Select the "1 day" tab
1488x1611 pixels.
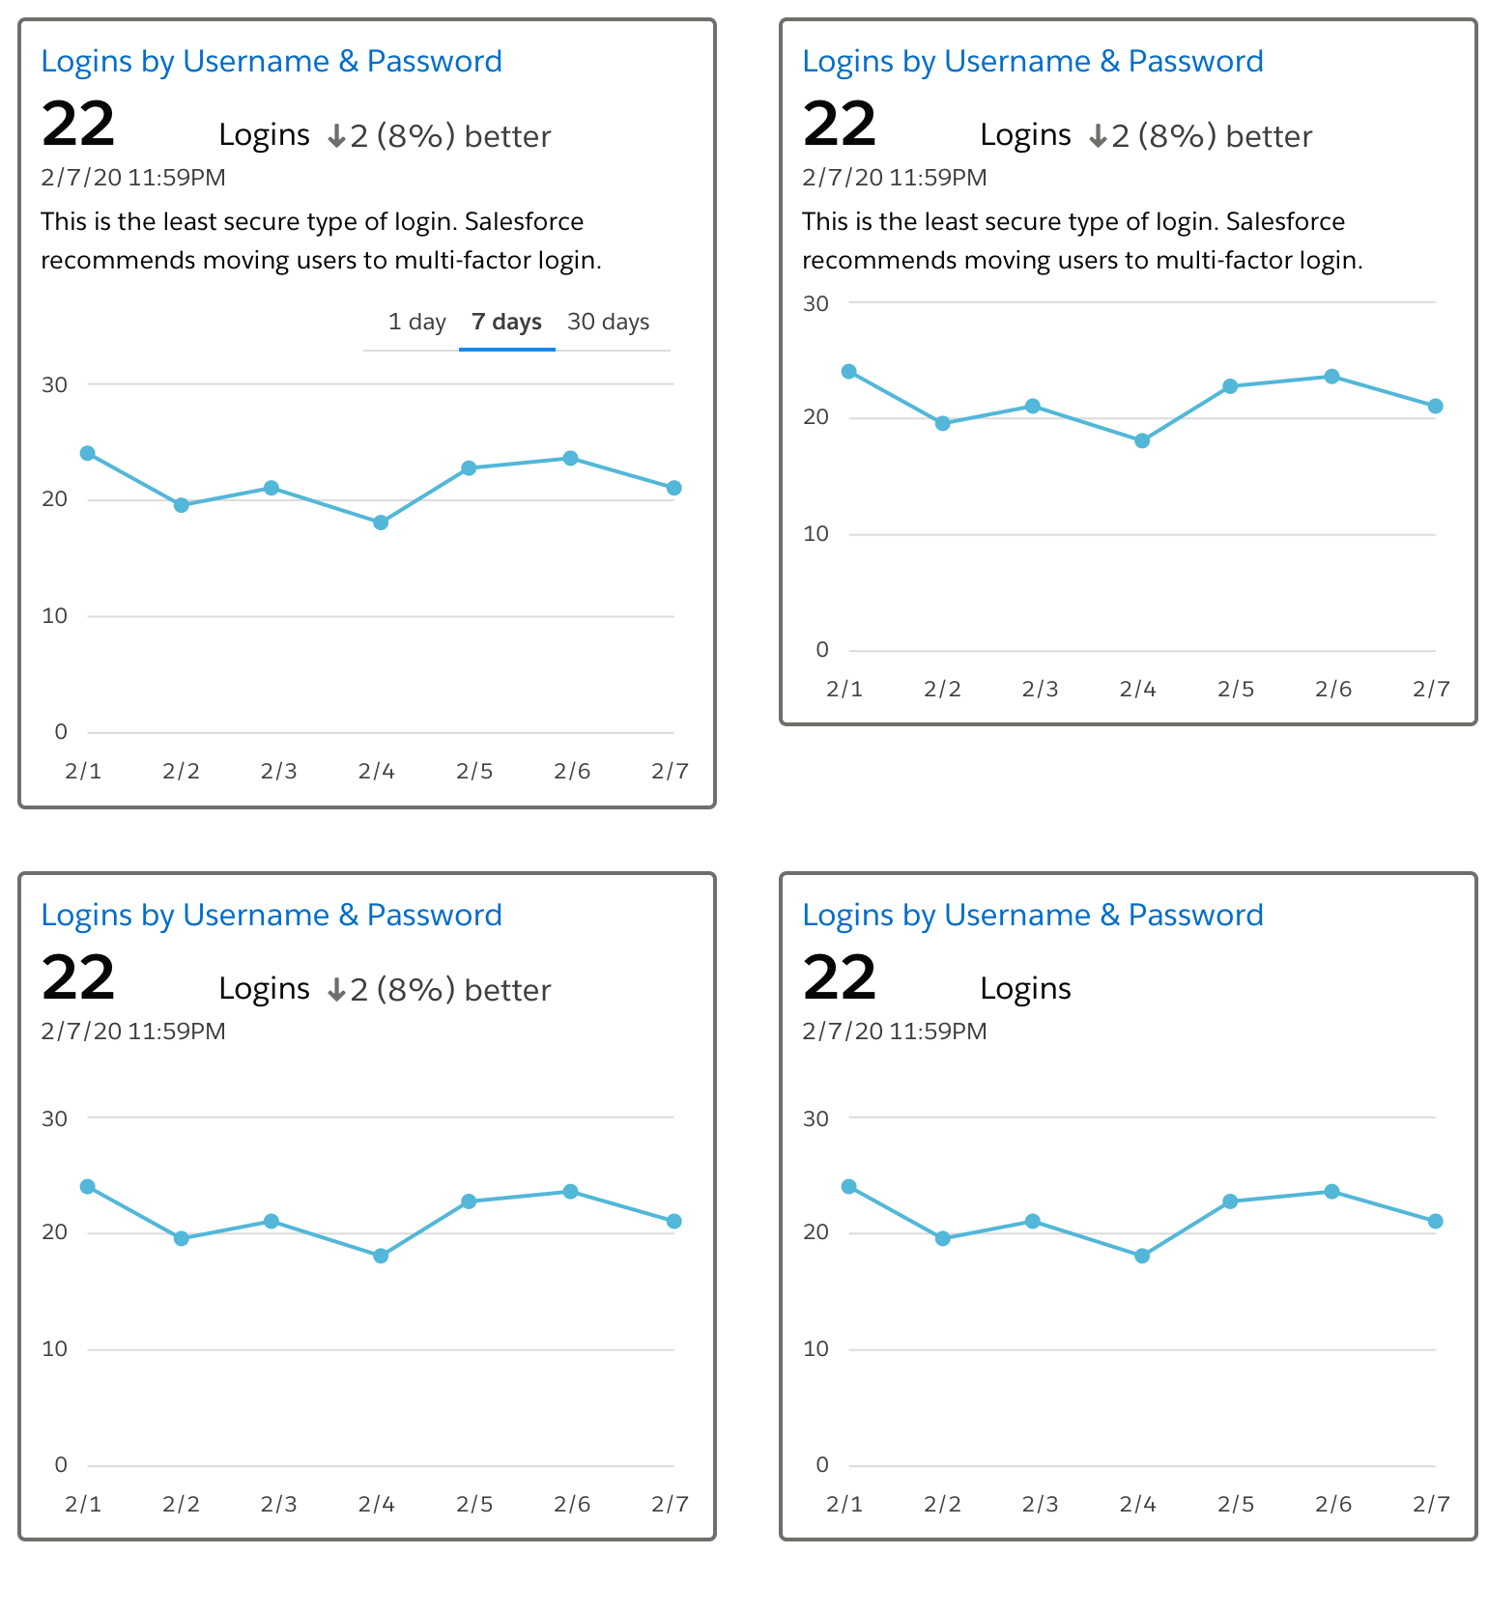[x=416, y=322]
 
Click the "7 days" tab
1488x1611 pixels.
[x=506, y=322]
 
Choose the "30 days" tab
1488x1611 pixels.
[x=608, y=322]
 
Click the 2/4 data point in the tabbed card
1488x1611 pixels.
[x=381, y=523]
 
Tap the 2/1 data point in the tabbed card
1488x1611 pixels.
[x=88, y=453]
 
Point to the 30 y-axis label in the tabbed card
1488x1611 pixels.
[x=55, y=384]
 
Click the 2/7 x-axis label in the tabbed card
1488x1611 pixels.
[x=670, y=771]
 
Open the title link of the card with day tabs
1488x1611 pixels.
[x=272, y=62]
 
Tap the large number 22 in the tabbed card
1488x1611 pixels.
[x=78, y=125]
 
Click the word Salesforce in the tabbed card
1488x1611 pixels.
[x=524, y=222]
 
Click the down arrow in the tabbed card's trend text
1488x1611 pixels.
[x=336, y=136]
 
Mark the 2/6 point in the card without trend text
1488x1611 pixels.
[x=1331, y=1192]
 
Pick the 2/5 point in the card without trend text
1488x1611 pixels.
[x=1230, y=1201]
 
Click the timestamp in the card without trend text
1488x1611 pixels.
[x=895, y=1032]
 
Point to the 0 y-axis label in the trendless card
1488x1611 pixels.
[x=822, y=1464]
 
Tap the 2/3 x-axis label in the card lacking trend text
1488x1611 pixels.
[x=1040, y=1504]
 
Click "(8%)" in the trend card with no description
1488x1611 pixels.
[x=415, y=990]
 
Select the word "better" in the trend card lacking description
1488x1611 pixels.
[x=507, y=990]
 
